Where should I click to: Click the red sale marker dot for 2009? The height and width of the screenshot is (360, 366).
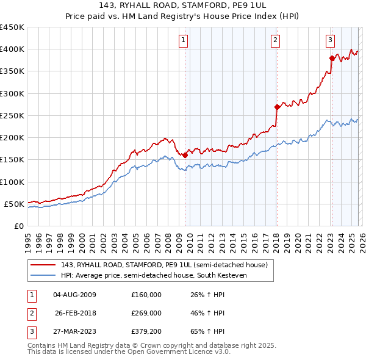coord(185,155)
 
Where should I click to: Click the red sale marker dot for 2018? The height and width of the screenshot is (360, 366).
coord(277,107)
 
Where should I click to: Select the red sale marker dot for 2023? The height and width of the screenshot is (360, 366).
coord(332,59)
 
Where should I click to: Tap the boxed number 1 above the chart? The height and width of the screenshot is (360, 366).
coord(184,41)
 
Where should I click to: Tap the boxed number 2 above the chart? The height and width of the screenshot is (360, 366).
coord(275,41)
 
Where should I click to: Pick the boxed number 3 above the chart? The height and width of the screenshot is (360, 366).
coord(330,41)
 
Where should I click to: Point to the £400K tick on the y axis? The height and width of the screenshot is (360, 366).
coord(12,49)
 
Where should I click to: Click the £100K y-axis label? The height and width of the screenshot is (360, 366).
coord(12,182)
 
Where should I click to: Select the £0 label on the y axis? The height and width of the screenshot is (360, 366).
coord(18,226)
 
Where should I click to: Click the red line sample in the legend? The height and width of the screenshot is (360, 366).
coord(43,265)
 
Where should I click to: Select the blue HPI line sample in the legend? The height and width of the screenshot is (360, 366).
coord(43,276)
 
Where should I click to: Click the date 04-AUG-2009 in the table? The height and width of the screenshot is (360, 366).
coord(74,295)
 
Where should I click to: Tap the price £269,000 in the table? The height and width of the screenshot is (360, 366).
coord(146,314)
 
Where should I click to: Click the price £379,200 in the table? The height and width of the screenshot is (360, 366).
coord(146,333)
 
